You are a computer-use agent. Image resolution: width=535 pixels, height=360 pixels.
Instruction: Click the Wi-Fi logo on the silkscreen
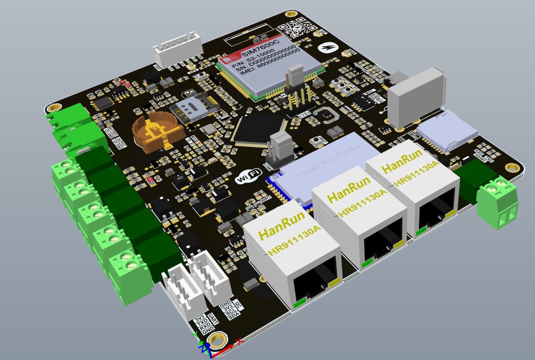click(248, 176)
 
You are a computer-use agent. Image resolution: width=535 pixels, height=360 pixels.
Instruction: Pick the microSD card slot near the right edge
click(445, 133)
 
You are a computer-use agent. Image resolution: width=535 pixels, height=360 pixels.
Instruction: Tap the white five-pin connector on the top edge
click(176, 50)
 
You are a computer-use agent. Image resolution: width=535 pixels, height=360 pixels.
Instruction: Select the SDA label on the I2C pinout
click(234, 315)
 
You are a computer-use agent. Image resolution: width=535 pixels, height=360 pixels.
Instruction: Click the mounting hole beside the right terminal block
click(511, 167)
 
